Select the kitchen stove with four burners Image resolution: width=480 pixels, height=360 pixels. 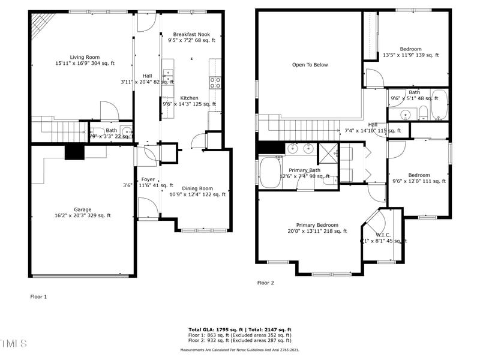215,83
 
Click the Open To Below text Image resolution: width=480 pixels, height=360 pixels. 310,65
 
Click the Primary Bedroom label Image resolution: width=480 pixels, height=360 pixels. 317,227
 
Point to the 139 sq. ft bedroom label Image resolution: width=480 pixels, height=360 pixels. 411,52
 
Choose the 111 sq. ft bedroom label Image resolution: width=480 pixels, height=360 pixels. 419,178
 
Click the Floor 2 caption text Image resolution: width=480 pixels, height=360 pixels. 266,283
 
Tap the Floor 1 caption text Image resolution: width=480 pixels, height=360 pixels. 38,296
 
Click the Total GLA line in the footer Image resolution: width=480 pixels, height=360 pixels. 239,330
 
